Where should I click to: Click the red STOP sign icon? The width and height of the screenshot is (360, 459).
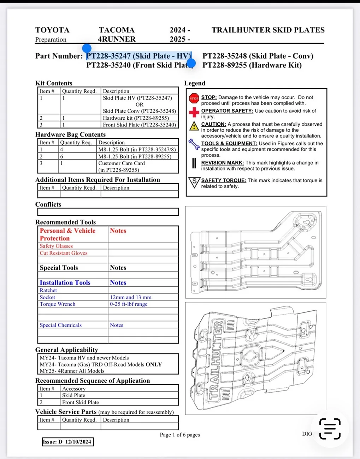tap(194, 99)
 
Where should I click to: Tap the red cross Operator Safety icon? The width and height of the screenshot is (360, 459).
tap(194, 112)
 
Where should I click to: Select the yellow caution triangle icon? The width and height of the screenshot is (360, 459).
tap(194, 126)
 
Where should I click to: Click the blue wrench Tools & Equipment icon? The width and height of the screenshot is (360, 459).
tap(194, 144)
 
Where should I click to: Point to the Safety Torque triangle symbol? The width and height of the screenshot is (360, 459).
tap(194, 182)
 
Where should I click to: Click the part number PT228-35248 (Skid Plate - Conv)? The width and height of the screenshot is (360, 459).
tap(258, 56)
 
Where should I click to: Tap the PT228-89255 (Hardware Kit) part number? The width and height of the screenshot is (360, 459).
tap(252, 65)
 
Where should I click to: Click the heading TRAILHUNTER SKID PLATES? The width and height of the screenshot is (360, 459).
tap(268, 30)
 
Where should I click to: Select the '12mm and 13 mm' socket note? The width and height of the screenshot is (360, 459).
tap(131, 297)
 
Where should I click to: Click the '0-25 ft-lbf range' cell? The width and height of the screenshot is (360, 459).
tap(129, 304)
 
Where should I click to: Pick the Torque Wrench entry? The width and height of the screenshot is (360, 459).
tap(58, 304)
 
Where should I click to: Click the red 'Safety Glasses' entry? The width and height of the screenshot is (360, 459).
tap(56, 246)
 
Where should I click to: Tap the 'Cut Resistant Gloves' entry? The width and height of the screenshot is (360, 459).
tap(64, 253)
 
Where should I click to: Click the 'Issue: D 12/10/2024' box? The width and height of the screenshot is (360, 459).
tap(67, 442)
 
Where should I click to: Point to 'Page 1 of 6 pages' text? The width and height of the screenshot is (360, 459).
tap(180, 435)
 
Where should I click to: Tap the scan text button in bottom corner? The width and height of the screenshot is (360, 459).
tap(330, 429)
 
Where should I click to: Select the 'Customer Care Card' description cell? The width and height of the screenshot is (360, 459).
tap(122, 163)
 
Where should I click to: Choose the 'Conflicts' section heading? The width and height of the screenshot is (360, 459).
tap(48, 204)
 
